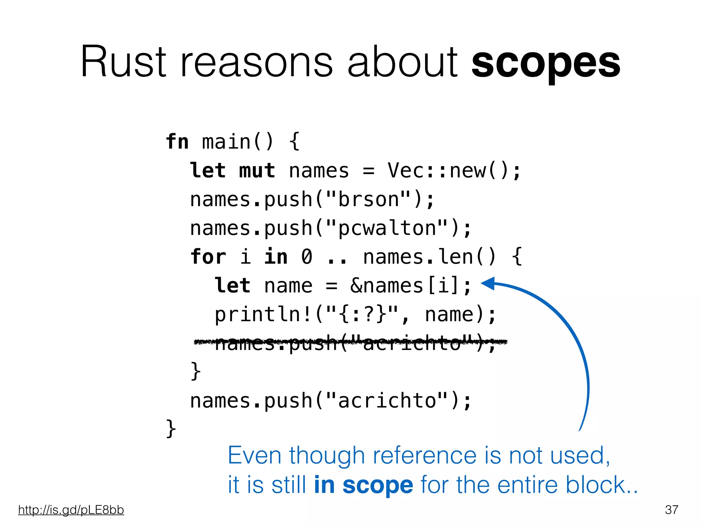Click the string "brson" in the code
point(369,199)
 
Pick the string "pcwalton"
point(387,228)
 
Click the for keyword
point(208,257)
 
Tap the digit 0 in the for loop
point(307,257)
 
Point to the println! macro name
point(263,314)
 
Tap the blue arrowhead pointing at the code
point(488,283)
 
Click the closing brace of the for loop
point(195,371)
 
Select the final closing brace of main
point(171,428)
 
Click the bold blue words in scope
point(364,485)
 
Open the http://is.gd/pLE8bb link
point(71,510)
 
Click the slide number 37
point(672,510)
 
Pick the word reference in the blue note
point(424,455)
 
